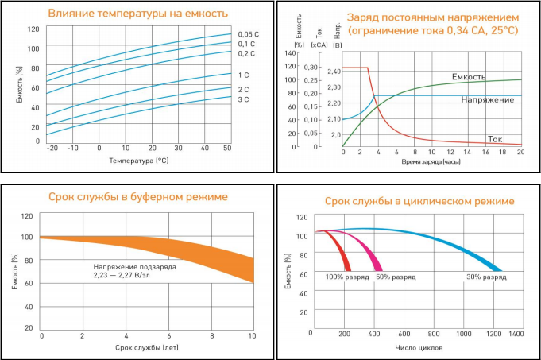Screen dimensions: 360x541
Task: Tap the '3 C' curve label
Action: (244, 99)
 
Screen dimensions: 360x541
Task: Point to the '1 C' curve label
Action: (244, 75)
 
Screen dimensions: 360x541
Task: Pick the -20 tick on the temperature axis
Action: (52, 148)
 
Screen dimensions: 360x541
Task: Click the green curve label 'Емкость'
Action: (469, 77)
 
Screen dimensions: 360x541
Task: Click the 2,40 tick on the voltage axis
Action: (334, 72)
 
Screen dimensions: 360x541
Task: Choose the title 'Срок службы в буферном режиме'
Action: (138, 196)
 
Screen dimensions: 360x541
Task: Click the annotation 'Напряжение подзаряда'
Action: (133, 266)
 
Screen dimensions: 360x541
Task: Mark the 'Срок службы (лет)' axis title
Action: (147, 348)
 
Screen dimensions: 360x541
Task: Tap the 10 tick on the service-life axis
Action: (253, 336)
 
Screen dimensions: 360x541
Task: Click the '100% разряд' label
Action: (346, 277)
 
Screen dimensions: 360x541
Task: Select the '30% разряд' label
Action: (486, 277)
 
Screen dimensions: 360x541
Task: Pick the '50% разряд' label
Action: (396, 277)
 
